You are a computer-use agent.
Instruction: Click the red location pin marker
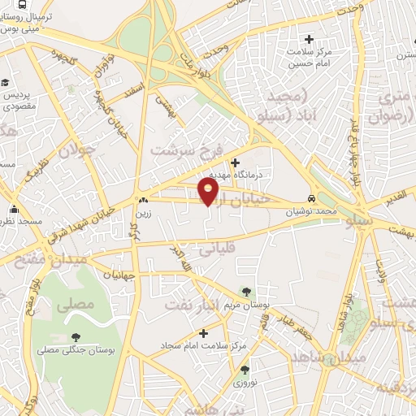[209, 192]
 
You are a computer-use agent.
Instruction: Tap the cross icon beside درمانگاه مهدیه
[236, 162]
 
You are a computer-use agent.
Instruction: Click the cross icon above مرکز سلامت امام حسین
[308, 38]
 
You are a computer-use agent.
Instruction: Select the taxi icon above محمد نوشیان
[311, 198]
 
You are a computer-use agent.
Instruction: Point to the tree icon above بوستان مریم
[245, 291]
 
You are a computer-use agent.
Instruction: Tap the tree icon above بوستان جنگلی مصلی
[76, 337]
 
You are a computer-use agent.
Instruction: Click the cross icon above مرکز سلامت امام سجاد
[203, 333]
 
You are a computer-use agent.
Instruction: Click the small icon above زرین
[143, 198]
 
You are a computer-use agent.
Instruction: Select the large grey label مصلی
[80, 305]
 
